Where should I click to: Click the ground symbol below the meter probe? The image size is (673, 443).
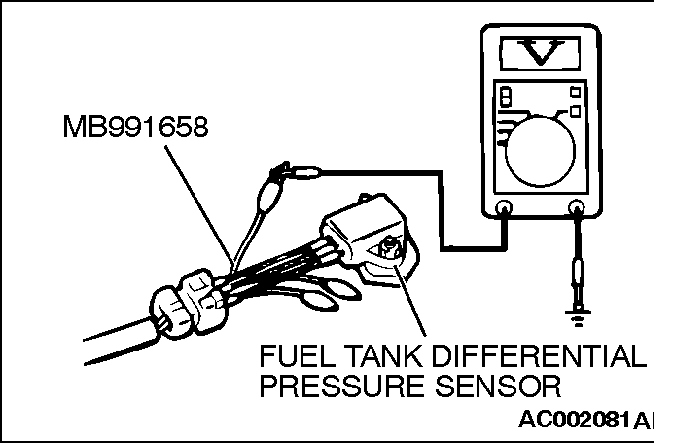578,314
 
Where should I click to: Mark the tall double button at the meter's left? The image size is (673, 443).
505,102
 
